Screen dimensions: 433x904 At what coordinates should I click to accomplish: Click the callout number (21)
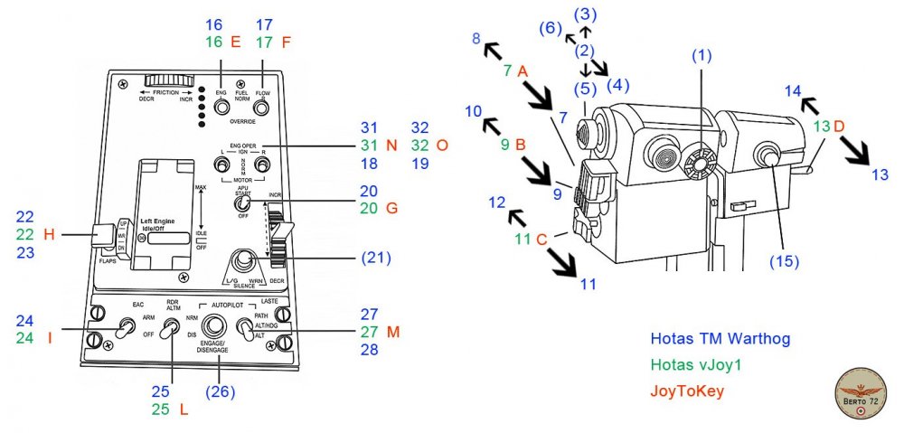371,258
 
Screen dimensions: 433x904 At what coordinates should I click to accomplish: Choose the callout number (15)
785,263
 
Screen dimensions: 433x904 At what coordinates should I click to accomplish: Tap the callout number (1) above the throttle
702,55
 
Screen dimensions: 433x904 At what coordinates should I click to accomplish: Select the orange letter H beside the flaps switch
50,235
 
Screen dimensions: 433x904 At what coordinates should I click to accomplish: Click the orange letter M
392,332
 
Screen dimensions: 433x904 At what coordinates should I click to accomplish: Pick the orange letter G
391,209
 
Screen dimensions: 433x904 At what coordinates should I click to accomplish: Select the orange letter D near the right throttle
839,126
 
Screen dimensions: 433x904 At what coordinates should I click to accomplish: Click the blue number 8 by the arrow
476,38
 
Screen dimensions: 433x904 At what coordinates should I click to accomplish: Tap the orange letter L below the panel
184,409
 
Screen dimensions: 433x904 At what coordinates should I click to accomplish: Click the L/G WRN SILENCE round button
242,261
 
